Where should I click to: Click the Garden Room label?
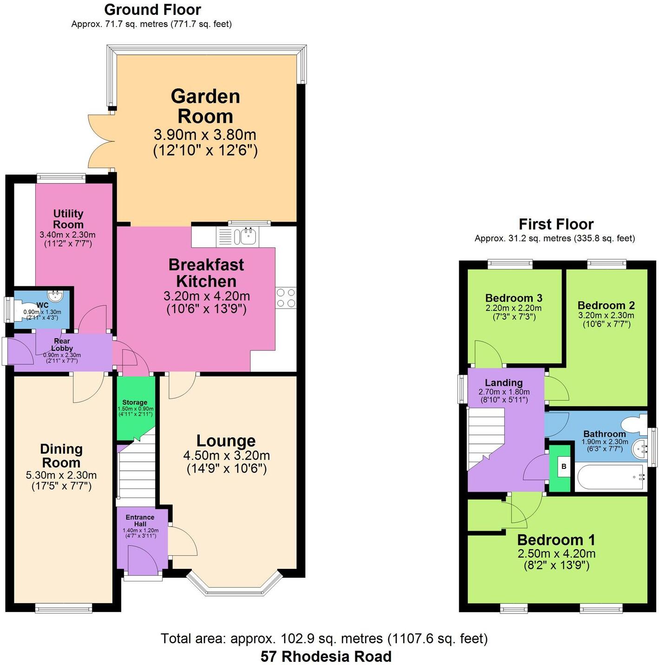click(x=205, y=106)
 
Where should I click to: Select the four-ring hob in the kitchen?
click(x=286, y=298)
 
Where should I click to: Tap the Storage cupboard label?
click(x=135, y=402)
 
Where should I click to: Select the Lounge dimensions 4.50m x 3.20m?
click(x=227, y=455)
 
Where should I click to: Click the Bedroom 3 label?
click(x=514, y=298)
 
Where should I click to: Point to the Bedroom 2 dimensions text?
click(x=606, y=319)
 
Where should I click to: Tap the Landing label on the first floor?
click(x=504, y=382)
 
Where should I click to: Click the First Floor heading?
click(x=556, y=224)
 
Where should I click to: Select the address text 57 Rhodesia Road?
click(x=326, y=657)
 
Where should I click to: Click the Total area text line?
click(x=324, y=639)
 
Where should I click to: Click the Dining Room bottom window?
click(x=64, y=608)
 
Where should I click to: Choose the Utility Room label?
click(x=68, y=219)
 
